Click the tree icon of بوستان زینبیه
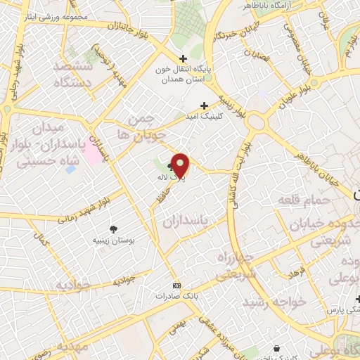(x=114, y=229)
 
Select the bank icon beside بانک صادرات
(x=176, y=285)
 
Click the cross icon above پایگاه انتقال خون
(x=183, y=59)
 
